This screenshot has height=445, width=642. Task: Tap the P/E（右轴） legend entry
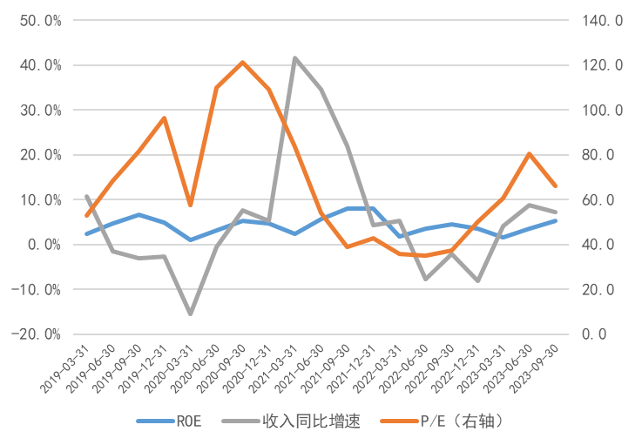point(462,421)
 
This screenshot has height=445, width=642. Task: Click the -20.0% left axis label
point(37,334)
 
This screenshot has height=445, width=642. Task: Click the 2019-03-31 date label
point(64,367)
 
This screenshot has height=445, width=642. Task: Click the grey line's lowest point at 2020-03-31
point(190,314)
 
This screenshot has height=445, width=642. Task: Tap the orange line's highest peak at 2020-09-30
point(242,62)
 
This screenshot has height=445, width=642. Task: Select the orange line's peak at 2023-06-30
point(530,153)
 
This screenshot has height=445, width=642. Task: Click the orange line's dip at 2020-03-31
point(190,206)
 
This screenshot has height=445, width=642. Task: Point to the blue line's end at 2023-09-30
point(556,220)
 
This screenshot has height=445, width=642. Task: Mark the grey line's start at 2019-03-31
point(86,197)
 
